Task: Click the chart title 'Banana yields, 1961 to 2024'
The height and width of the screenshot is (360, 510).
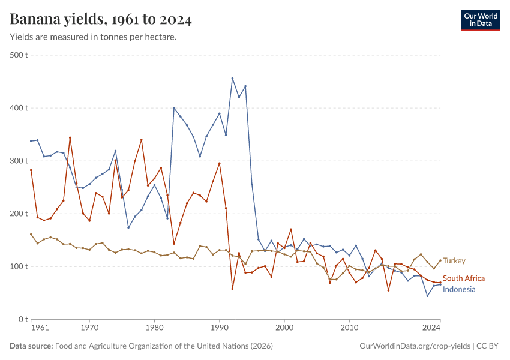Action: click(101, 20)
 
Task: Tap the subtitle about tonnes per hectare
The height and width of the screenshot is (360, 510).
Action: click(93, 37)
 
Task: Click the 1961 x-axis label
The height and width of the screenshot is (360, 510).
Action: click(40, 328)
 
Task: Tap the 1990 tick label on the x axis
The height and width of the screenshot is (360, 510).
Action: click(219, 328)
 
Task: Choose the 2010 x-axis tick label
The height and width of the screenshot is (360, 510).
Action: click(349, 328)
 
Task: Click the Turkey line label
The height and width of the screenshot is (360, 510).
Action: click(454, 261)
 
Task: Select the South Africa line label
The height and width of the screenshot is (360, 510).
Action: click(464, 278)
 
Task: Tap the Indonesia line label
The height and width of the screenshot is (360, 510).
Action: click(459, 290)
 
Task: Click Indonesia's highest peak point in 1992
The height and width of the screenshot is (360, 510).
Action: click(232, 78)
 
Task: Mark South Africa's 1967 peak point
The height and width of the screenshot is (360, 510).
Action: click(70, 137)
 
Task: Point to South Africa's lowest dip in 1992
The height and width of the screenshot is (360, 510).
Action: click(232, 289)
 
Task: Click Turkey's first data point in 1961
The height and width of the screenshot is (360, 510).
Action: click(31, 234)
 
